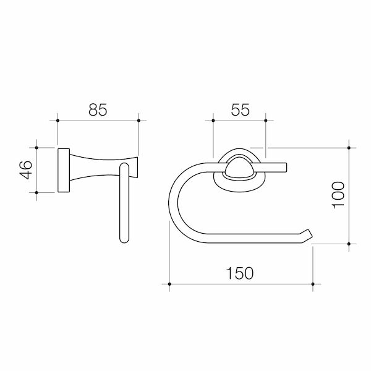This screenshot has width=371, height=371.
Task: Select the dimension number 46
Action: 25,170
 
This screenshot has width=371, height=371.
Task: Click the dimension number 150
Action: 240,273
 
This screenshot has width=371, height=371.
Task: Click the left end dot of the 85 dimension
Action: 58,121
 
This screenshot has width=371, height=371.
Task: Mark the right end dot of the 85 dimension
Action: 138,121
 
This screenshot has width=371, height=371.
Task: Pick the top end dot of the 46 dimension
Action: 38,148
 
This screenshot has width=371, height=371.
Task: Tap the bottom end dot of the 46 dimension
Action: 38,192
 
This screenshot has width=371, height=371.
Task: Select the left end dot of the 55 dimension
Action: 213,121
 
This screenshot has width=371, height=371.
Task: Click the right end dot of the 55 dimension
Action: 266,121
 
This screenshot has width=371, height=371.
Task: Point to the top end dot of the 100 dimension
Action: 350,148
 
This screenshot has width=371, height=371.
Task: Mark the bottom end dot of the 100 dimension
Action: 350,245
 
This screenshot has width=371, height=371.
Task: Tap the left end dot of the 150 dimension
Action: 169,284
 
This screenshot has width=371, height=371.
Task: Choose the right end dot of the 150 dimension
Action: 313,284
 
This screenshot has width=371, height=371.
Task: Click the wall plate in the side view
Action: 63,170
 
